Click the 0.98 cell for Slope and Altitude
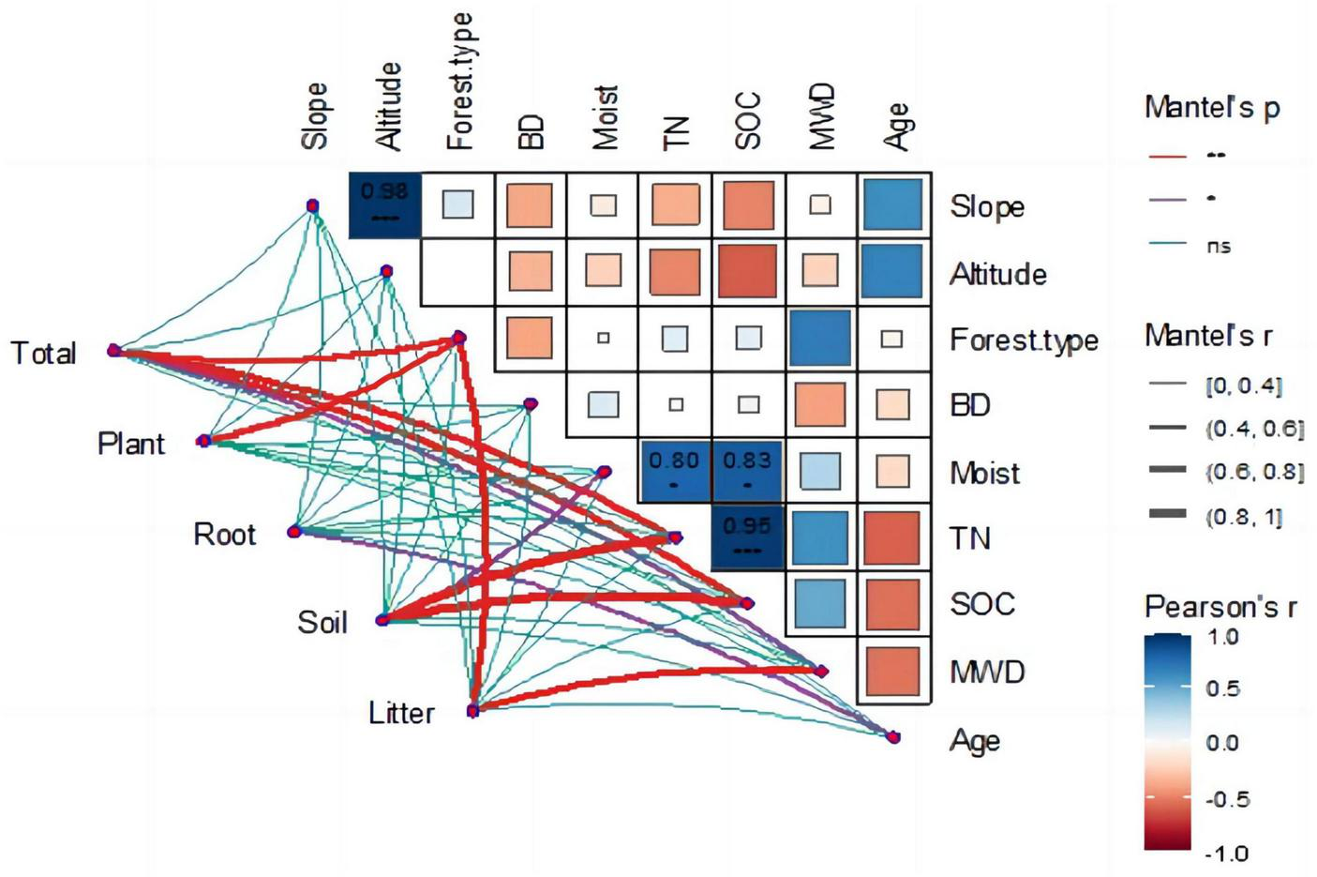tap(385, 204)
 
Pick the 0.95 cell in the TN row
tap(747, 537)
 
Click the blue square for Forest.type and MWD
tap(819, 338)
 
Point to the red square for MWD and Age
tap(892, 671)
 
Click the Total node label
tap(43, 354)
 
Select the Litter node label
tap(401, 714)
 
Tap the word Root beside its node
tap(224, 535)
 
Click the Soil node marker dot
tap(382, 620)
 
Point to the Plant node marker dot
tap(204, 441)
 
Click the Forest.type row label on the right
tap(1024, 340)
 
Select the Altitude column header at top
tap(388, 106)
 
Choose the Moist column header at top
tap(606, 117)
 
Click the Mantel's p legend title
tap(1211, 108)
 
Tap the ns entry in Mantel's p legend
tap(1219, 247)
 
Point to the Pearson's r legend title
tap(1220, 608)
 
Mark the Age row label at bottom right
tap(975, 741)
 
